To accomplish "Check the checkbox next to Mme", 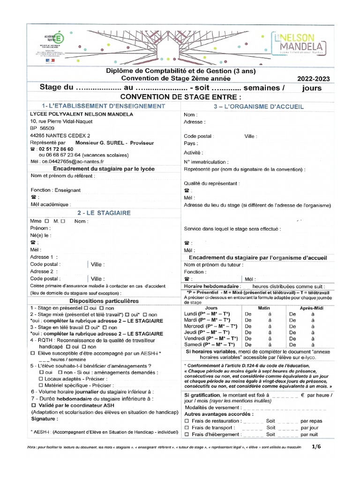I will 46,221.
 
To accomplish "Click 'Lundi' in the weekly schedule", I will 193,314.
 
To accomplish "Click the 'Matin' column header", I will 264,307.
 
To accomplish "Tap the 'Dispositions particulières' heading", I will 104,300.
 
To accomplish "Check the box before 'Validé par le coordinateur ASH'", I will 33,405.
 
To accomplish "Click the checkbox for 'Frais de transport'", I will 187,427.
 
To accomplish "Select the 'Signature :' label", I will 45,418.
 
